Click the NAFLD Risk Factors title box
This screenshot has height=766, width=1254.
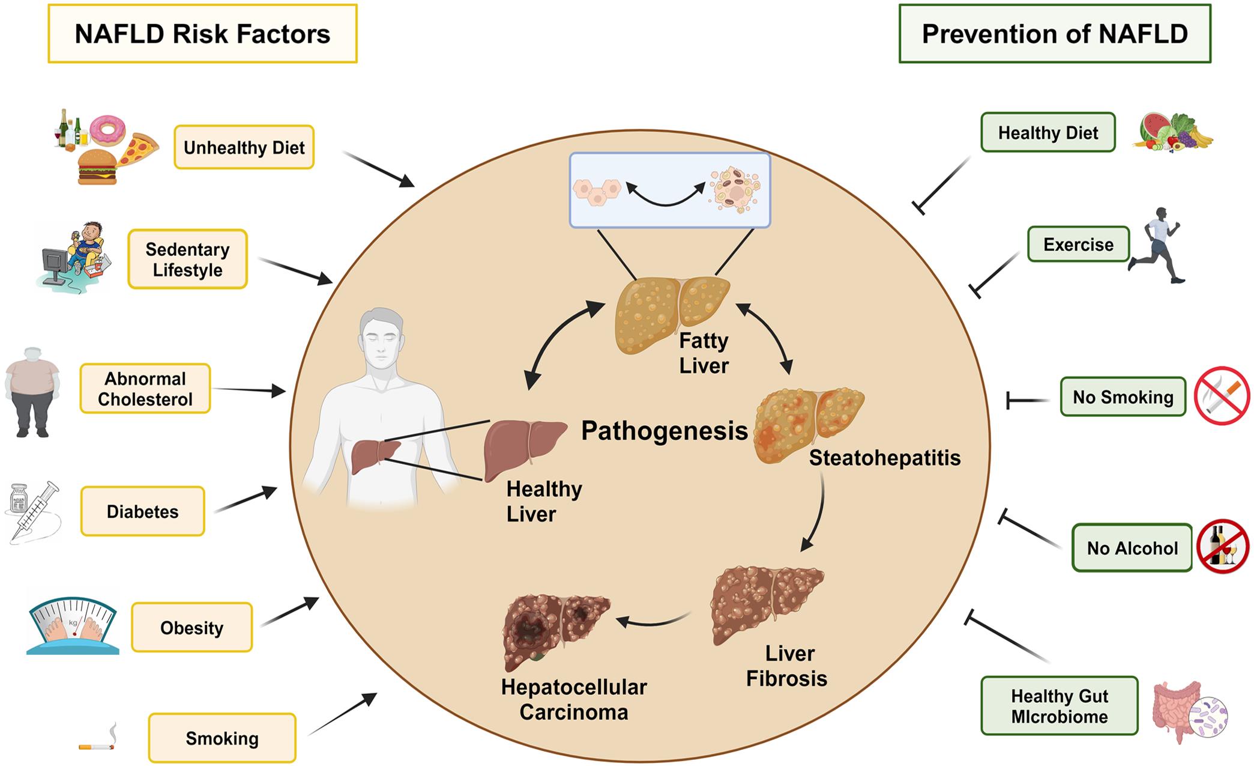[202, 34]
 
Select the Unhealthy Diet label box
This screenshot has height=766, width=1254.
[244, 147]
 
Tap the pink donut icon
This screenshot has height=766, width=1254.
[108, 130]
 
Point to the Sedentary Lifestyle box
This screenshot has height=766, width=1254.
[187, 260]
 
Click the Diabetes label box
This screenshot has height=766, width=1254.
[143, 511]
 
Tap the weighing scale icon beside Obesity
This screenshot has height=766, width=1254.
[73, 625]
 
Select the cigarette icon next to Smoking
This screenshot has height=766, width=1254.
[97, 746]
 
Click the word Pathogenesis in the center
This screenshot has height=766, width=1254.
[664, 431]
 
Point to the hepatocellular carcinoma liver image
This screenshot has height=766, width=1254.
[553, 631]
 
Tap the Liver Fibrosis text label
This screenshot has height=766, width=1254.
[786, 666]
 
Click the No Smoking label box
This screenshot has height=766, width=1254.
[1123, 397]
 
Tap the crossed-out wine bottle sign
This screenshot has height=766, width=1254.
[1222, 546]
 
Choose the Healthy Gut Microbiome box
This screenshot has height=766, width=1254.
[1059, 706]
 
